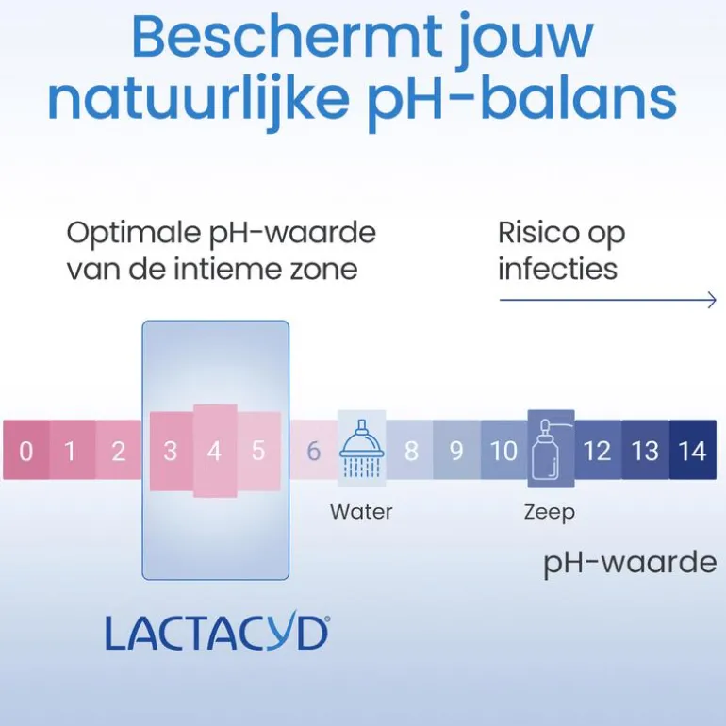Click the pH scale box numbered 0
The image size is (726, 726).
26,450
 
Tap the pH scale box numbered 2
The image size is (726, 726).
119,450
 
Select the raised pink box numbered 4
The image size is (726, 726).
215,451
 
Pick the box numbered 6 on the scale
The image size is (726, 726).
314,450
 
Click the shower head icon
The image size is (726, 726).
362,448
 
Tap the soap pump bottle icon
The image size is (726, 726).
551,449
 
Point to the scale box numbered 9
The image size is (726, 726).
456,450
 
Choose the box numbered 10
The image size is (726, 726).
504,450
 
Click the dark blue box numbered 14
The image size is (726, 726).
693,450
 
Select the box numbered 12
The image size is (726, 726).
598,450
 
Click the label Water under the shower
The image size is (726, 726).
361,512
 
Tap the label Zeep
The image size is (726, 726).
550,513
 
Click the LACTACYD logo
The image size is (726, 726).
217,633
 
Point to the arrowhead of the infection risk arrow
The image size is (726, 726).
715,300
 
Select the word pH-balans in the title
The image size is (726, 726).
522,101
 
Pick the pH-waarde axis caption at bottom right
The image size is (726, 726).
630,564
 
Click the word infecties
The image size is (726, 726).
558,269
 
